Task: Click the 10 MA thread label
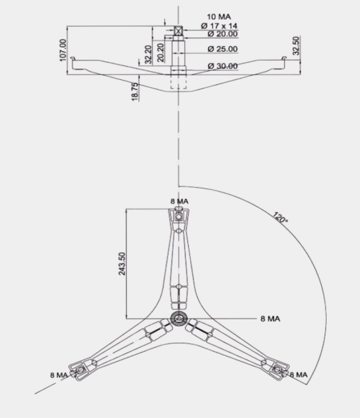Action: (219, 17)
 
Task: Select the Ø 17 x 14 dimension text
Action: (219, 26)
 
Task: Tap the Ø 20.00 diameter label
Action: (223, 34)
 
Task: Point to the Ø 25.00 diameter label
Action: (223, 49)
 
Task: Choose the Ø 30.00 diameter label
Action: (223, 66)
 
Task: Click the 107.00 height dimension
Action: (63, 50)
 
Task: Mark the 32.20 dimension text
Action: (148, 55)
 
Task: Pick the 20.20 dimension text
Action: (160, 53)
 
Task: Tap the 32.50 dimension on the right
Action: (296, 46)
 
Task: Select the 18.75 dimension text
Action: (135, 92)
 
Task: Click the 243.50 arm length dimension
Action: (122, 264)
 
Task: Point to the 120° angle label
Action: (280, 217)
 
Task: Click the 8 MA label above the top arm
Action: (180, 201)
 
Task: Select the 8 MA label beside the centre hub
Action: (270, 319)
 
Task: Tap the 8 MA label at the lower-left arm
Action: (59, 375)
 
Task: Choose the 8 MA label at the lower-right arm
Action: (299, 375)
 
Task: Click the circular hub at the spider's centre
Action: (178, 319)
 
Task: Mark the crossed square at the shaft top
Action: (178, 31)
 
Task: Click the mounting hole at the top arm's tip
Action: (178, 217)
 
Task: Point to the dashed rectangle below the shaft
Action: (178, 82)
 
